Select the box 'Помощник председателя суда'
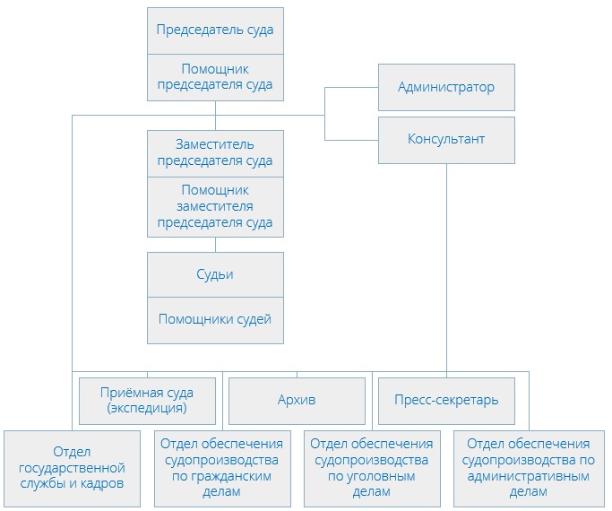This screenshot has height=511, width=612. click(215, 77)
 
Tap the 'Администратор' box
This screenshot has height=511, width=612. click(446, 88)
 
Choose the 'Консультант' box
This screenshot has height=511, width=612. click(446, 140)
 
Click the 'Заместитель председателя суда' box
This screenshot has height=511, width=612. click(215, 153)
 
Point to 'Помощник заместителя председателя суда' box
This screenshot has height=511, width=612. click(215, 206)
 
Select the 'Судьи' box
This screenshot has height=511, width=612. click(215, 274)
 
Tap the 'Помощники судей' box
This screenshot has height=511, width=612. click(215, 320)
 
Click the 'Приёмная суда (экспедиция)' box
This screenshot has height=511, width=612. click(148, 400)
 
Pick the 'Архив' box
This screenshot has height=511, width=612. click(297, 400)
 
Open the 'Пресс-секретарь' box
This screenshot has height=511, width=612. click(446, 400)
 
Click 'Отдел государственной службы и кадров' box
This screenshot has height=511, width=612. click(72, 468)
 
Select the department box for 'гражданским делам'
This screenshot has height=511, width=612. click(220, 468)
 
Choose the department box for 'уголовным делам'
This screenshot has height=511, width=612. click(371, 468)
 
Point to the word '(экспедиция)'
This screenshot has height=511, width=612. click(148, 409)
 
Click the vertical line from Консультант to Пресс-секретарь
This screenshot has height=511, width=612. click(446, 269)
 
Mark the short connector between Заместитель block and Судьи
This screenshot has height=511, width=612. click(215, 245)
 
